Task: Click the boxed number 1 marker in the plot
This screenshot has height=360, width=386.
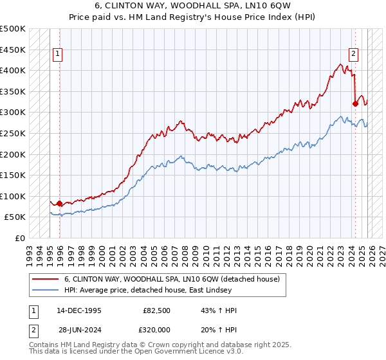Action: click(59, 54)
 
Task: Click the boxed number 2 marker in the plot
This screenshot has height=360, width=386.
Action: click(354, 54)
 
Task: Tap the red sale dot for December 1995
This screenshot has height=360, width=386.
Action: click(59, 204)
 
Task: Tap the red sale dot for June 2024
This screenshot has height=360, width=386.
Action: click(355, 104)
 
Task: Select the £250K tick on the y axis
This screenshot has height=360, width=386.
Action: click(13, 133)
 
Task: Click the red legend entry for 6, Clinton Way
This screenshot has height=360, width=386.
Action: click(171, 280)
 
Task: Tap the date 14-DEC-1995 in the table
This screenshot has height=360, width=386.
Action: click(78, 310)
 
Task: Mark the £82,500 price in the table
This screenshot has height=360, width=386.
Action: click(157, 310)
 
